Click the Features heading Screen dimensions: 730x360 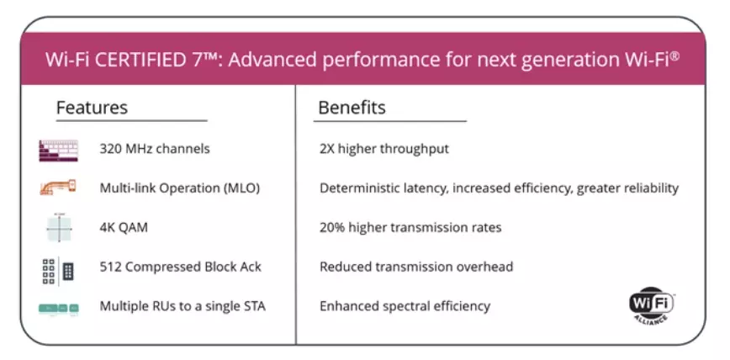92,108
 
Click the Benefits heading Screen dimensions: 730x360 352,108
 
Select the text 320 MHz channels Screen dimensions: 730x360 155,149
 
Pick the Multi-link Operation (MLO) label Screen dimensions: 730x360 180,188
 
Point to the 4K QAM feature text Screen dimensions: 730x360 124,228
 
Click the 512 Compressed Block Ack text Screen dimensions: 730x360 180,267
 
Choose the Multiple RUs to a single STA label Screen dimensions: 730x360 182,306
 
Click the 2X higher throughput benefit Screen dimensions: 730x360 384,149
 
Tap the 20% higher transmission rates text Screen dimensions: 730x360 410,228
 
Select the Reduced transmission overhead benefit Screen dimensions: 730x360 416,267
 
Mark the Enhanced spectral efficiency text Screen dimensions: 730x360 405,306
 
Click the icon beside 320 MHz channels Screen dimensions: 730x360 59,151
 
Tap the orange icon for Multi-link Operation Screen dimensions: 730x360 58,188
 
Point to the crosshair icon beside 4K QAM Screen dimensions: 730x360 59,228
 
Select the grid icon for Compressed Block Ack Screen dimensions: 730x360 58,272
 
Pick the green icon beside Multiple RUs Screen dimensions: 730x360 59,309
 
